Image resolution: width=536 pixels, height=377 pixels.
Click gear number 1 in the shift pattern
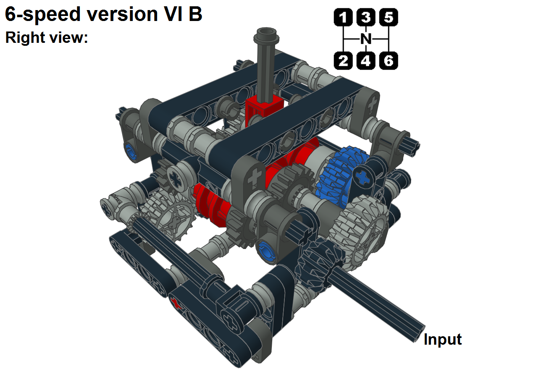pos(344,18)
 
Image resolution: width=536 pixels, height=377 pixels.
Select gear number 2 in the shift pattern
pos(344,61)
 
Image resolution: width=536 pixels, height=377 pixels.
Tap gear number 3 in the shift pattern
pos(366,18)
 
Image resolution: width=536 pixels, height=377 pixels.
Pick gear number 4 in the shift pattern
pos(366,61)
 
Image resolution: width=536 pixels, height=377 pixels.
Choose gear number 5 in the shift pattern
pos(389,18)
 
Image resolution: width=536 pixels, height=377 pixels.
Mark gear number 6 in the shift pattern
pos(389,61)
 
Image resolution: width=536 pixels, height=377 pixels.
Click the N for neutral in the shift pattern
pos(366,39)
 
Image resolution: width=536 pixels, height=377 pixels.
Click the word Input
pos(442,339)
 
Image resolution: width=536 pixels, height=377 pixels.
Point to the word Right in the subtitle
pos(23,38)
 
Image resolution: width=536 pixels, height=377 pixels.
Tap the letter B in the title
pos(195,14)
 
